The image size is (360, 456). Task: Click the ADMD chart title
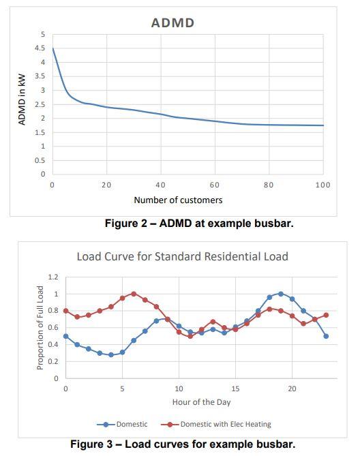(x=172, y=22)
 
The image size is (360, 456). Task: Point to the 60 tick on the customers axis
(x=215, y=185)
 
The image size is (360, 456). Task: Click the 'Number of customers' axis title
(x=178, y=200)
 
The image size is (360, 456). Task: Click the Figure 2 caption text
(x=198, y=224)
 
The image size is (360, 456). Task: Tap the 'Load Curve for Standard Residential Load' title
(x=182, y=257)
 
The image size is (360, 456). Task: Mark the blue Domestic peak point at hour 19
(x=280, y=294)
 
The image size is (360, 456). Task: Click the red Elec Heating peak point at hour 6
(x=134, y=294)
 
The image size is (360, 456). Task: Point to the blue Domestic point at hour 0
(x=65, y=336)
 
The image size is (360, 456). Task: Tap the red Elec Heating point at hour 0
(x=65, y=311)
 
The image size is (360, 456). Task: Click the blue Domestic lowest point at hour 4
(x=110, y=354)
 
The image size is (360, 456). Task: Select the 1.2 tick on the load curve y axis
(x=54, y=277)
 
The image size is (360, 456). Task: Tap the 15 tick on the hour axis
(x=235, y=389)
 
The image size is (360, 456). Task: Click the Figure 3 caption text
(x=183, y=444)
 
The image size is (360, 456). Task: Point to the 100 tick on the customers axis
(x=322, y=185)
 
